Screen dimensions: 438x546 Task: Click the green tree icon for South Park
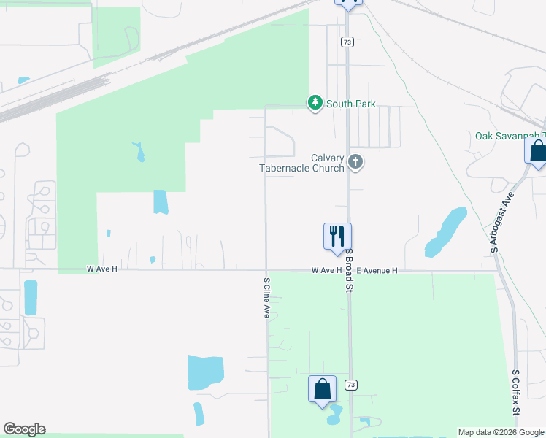[315, 104]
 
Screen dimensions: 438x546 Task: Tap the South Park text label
[351, 104]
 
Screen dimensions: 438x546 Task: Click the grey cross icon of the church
[355, 161]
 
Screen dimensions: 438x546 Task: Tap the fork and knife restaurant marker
[337, 237]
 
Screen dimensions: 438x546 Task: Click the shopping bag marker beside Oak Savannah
[537, 152]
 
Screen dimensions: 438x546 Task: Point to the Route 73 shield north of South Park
[347, 42]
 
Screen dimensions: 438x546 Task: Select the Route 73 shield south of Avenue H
[351, 385]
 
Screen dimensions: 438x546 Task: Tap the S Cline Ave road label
[267, 296]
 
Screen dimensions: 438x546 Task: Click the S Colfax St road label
[515, 393]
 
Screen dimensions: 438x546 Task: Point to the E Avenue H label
[372, 270]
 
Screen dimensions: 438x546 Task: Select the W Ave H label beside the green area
[101, 269]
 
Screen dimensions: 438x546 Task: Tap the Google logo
[24, 429]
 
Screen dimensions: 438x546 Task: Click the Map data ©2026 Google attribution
[500, 432]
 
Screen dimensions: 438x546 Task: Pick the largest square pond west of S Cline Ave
[205, 372]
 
